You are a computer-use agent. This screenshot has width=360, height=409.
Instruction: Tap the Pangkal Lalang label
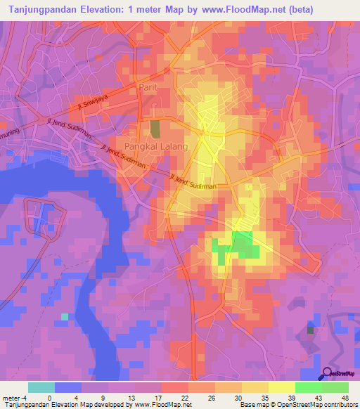pos(156,146)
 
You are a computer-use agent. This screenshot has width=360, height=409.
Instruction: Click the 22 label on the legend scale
pos(185,397)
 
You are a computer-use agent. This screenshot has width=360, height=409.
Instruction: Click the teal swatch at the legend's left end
pos(41,387)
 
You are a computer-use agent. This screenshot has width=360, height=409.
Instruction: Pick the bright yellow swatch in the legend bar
pos(281,387)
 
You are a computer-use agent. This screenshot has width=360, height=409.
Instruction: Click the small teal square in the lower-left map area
pos(65,317)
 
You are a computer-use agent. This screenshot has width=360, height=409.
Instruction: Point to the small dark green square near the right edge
pos(311,329)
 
